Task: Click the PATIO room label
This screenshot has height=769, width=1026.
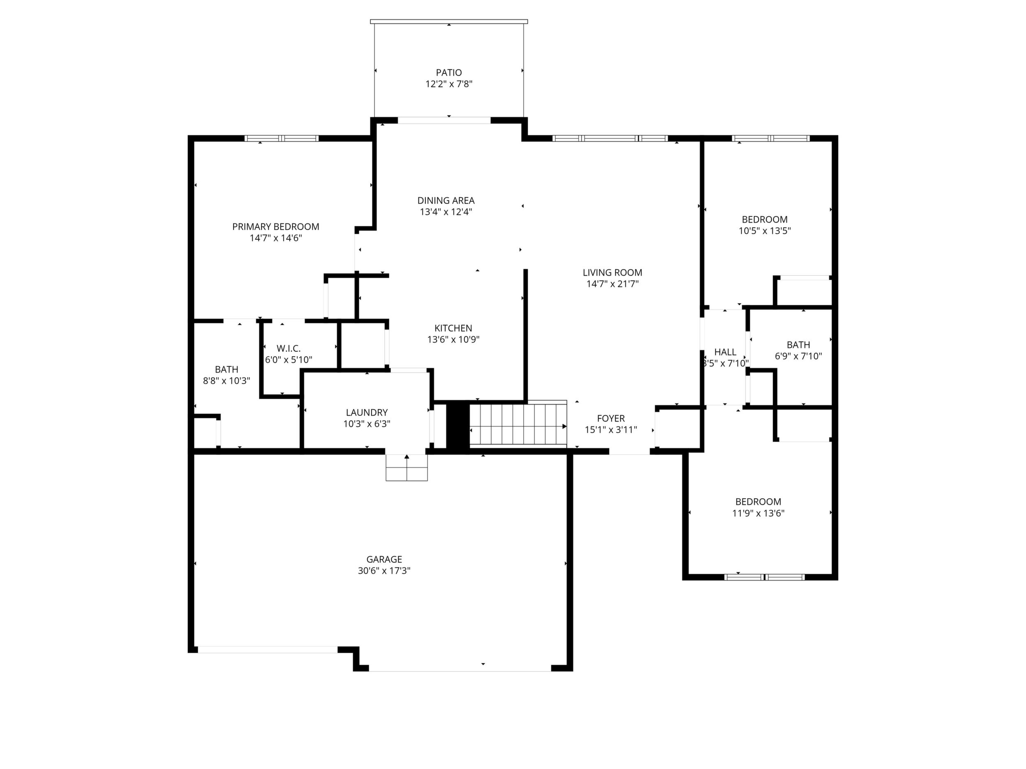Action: pyautogui.click(x=448, y=73)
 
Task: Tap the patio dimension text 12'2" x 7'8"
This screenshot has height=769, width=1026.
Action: pyautogui.click(x=448, y=84)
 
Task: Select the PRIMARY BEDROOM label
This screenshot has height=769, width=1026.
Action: pyautogui.click(x=275, y=227)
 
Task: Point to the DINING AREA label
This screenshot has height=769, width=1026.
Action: pyautogui.click(x=446, y=201)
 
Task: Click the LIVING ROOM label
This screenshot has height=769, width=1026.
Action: pyautogui.click(x=612, y=272)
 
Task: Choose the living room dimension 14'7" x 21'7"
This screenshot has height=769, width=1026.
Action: pyautogui.click(x=612, y=284)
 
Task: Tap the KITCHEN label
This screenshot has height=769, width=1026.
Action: pyautogui.click(x=453, y=328)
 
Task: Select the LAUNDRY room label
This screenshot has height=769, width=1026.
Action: pyautogui.click(x=366, y=412)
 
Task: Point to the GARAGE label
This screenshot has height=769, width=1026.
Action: pyautogui.click(x=384, y=559)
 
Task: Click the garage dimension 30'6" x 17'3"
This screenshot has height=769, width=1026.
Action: pyautogui.click(x=384, y=571)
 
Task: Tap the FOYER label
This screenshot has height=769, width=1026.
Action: pyautogui.click(x=611, y=419)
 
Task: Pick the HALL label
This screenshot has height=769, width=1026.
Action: pyautogui.click(x=725, y=352)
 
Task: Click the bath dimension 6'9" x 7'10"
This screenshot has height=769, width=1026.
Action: pyautogui.click(x=798, y=357)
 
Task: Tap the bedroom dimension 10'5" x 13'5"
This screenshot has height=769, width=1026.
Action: pyautogui.click(x=765, y=231)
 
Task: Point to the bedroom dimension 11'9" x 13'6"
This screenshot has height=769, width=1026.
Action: pyautogui.click(x=758, y=513)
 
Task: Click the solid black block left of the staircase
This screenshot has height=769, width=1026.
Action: pyautogui.click(x=458, y=425)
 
